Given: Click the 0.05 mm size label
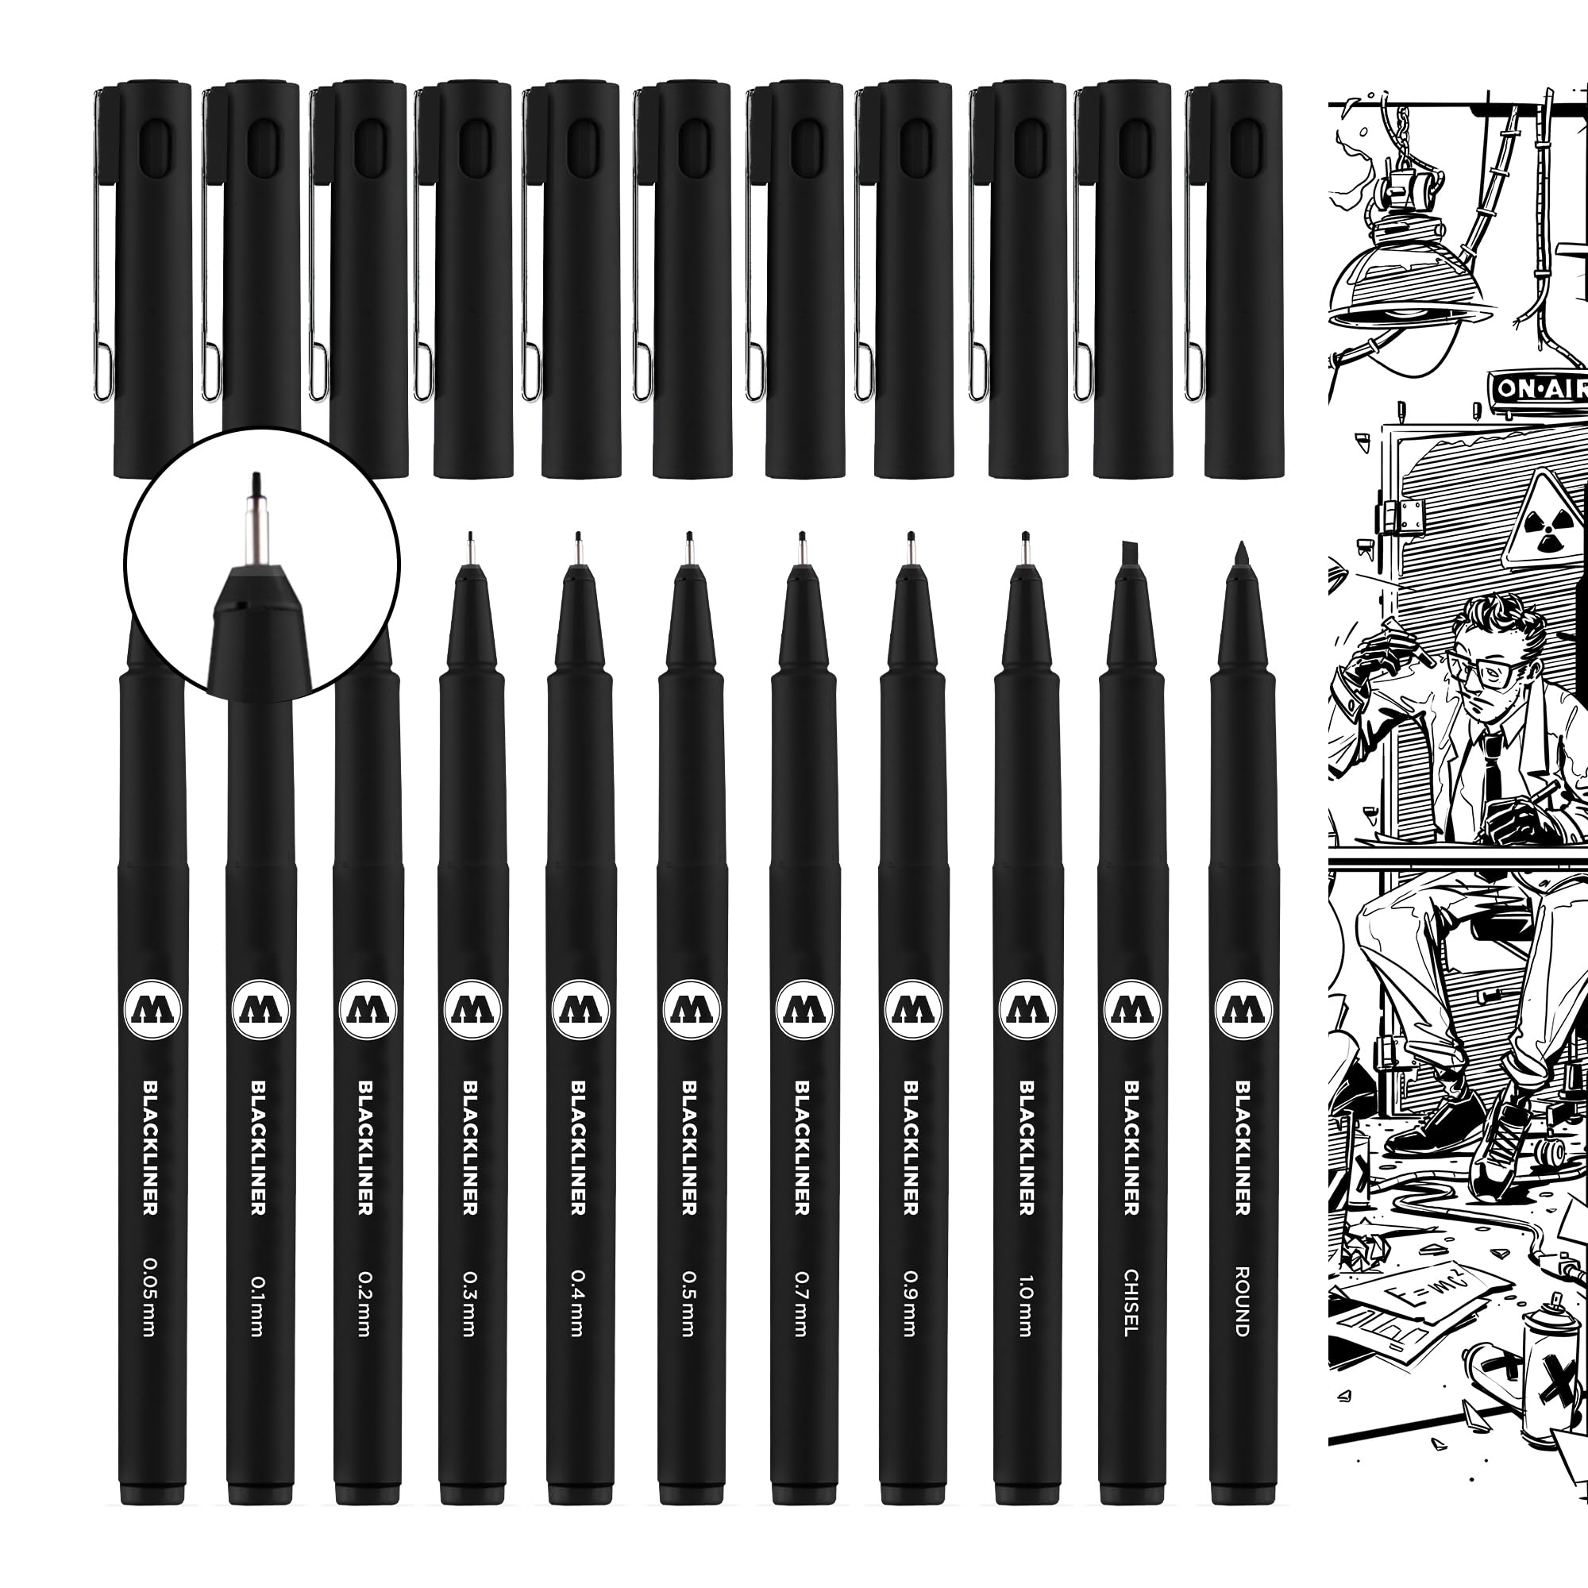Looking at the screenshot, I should click(149, 1297).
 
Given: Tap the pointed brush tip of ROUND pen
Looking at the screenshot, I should click(1240, 553).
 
